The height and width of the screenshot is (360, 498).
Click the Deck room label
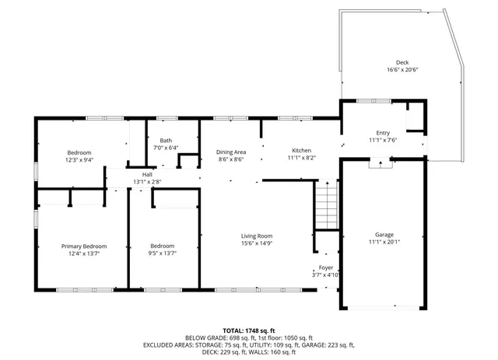(x=402, y=62)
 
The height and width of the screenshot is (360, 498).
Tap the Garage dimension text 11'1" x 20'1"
(x=384, y=242)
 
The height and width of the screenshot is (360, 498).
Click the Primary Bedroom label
(x=84, y=246)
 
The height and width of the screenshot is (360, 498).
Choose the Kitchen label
(x=301, y=150)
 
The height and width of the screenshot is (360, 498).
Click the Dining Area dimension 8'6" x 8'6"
(x=230, y=159)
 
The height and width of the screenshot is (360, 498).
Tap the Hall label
(x=147, y=174)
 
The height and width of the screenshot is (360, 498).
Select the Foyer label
(x=326, y=267)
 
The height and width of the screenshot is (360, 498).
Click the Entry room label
(x=383, y=133)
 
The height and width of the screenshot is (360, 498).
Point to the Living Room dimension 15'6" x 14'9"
(x=256, y=243)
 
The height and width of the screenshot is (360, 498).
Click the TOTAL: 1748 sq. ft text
(x=249, y=330)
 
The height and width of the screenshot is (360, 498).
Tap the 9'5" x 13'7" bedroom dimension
(x=163, y=253)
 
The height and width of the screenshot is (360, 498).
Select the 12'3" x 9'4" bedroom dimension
(x=79, y=159)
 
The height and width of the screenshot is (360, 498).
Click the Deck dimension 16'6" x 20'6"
(x=402, y=70)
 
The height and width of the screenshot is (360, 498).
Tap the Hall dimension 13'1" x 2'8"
(x=147, y=181)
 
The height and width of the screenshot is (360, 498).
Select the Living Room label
(x=256, y=236)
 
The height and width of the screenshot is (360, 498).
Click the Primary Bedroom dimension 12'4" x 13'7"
(x=84, y=253)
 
